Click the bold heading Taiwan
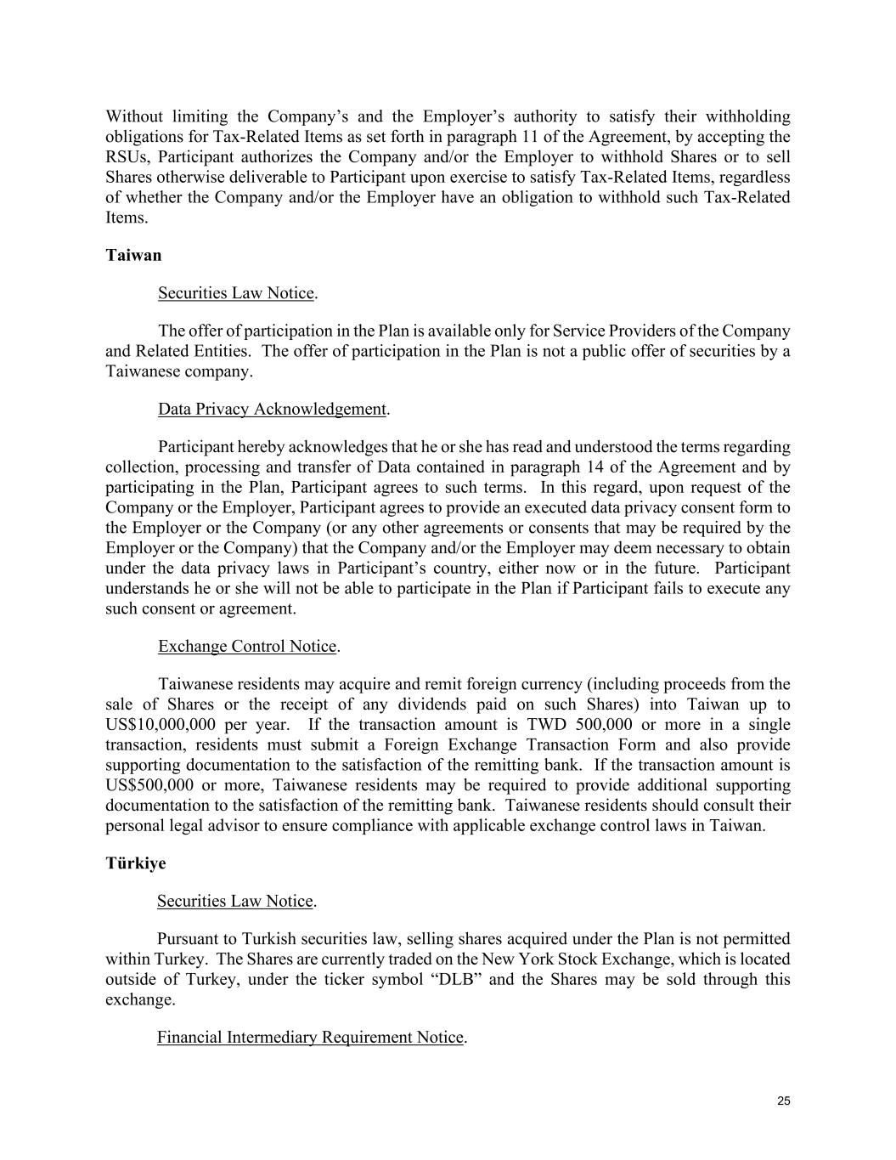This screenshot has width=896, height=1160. [133, 255]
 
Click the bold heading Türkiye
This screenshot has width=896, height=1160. [136, 863]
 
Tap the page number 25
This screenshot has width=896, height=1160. [783, 1101]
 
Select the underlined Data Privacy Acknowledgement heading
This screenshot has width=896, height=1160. [272, 409]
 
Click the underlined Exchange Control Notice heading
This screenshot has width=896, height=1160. [247, 646]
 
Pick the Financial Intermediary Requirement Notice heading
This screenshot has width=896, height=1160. [310, 1037]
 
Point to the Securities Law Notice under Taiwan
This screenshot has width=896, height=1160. [236, 292]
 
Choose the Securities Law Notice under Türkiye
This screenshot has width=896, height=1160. [235, 901]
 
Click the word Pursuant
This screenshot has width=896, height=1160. [196, 939]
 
